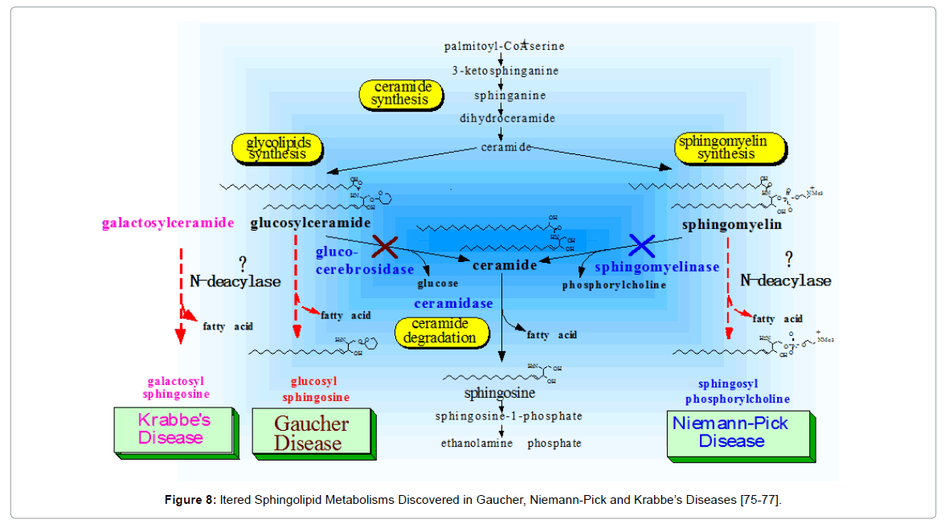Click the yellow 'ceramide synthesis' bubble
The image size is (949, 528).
tap(402, 94)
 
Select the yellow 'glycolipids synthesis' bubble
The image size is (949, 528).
tap(276, 148)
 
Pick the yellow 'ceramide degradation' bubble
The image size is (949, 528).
tap(444, 331)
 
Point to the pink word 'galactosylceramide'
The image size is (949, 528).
tap(168, 223)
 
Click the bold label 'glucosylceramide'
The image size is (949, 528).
tap(310, 223)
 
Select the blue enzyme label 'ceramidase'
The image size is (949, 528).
tap(453, 304)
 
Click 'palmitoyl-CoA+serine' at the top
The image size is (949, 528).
tap(504, 47)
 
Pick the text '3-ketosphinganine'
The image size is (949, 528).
tap(505, 71)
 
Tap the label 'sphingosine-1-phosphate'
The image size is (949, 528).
tap(509, 416)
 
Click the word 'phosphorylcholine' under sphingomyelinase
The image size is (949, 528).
tap(614, 284)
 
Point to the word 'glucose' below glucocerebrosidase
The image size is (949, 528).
tap(438, 284)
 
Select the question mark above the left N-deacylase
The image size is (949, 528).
tap(241, 263)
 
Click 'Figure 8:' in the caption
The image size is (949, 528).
tap(189, 501)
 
